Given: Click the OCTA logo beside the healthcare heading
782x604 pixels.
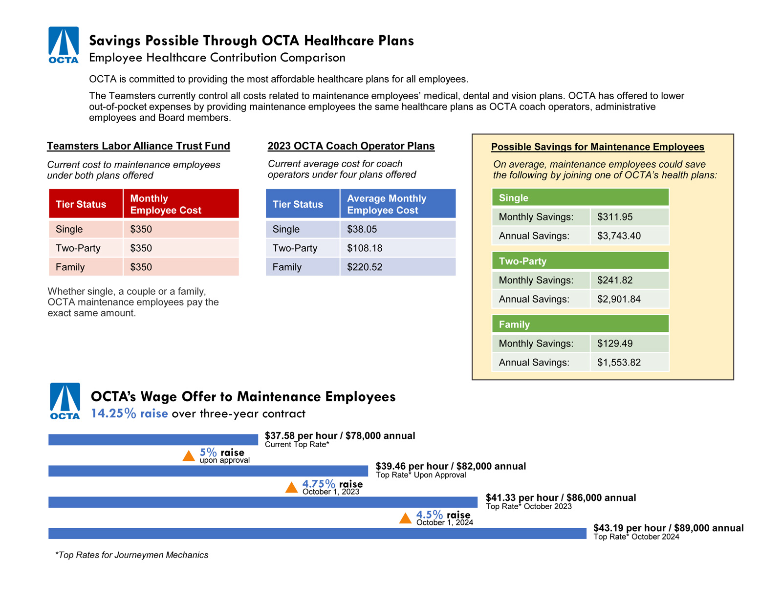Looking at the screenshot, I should click(x=64, y=45).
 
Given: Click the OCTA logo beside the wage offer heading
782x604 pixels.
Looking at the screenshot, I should click(x=65, y=401).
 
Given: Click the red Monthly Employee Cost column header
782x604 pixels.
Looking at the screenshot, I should click(x=180, y=204).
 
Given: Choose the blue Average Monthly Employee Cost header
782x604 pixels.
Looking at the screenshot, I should click(x=397, y=204).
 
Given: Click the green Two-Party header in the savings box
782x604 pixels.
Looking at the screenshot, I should click(x=580, y=261).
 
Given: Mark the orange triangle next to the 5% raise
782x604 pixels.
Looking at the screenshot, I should click(x=189, y=456).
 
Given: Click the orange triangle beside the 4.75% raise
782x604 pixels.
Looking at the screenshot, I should click(x=291, y=487).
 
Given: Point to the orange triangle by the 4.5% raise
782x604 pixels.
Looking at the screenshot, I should click(x=405, y=518).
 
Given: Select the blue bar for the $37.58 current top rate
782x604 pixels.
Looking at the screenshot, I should click(x=153, y=440).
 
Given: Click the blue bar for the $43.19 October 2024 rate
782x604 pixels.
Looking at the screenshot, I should click(x=317, y=533).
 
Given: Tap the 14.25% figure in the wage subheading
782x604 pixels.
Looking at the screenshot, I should click(x=113, y=413).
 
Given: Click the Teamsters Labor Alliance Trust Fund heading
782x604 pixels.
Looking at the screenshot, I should click(x=138, y=146).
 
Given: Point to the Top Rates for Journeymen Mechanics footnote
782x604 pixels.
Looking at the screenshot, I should click(x=131, y=555).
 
